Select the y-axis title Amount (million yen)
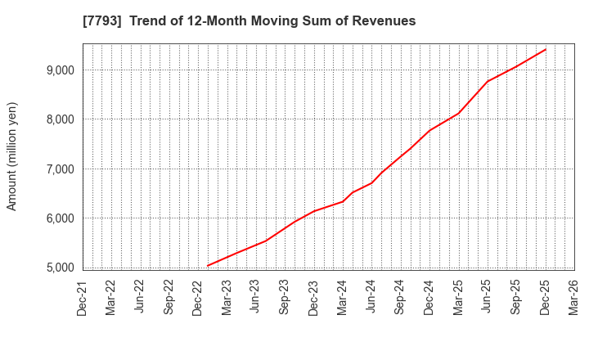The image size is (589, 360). [x=12, y=156]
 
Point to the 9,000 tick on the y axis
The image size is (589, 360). [x=60, y=70]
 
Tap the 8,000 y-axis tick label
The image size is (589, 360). [x=60, y=119]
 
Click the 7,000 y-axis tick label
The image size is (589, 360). [x=60, y=169]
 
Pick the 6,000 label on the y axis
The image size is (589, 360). [x=60, y=218]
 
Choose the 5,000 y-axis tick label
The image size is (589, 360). [x=60, y=268]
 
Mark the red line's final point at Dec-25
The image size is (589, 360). [x=545, y=49]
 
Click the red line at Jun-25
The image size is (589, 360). [x=487, y=81]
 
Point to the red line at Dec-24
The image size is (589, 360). [x=429, y=130]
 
